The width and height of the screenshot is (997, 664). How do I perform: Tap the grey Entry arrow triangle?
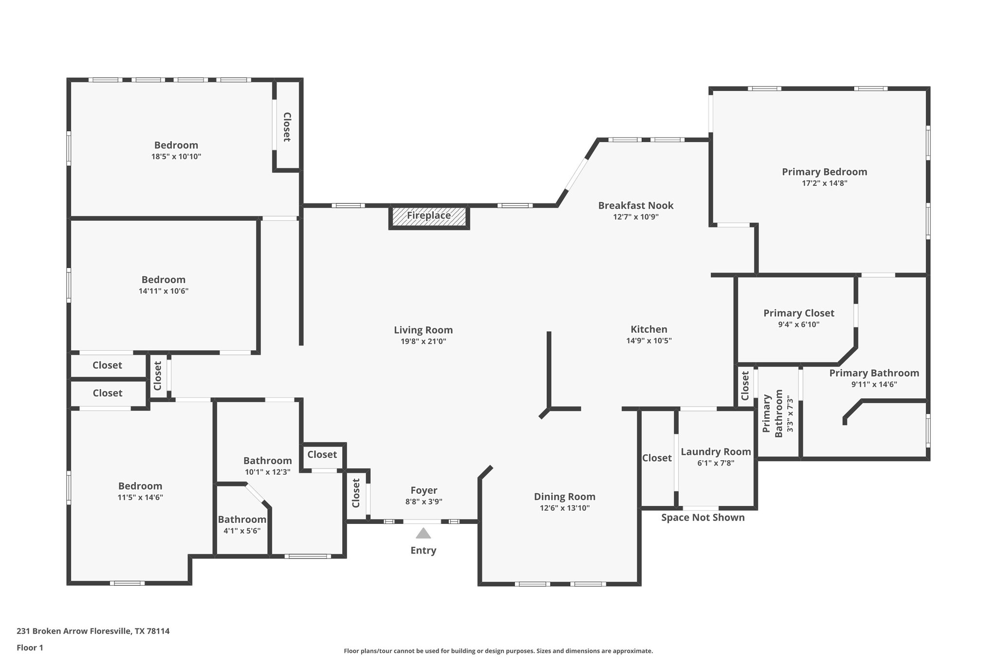click(423, 534)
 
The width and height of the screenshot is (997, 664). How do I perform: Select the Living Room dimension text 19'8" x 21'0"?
click(423, 341)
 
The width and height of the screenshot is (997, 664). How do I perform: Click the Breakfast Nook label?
click(636, 205)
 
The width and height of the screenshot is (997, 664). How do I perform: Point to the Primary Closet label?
click(798, 313)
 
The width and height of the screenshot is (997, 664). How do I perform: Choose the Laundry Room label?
click(716, 451)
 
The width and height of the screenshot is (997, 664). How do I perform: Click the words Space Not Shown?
click(702, 518)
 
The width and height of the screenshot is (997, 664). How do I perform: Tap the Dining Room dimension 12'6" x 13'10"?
click(564, 508)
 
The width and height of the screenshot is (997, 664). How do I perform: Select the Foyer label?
click(424, 490)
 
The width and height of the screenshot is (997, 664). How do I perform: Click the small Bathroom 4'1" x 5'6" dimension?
click(242, 531)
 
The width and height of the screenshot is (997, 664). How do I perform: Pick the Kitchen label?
click(648, 329)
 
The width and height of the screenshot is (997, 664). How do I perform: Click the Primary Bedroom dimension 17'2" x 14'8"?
click(824, 183)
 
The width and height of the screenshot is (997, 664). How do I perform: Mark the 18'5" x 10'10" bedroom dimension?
click(176, 157)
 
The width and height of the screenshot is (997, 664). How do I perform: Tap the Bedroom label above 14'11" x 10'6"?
click(163, 280)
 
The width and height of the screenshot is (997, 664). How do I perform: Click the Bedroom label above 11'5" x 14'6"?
click(140, 486)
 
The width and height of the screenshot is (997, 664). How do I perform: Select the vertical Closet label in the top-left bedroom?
click(287, 127)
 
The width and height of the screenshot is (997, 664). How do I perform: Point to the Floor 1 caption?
click(30, 647)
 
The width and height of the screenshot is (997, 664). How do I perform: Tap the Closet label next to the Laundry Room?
click(657, 458)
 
